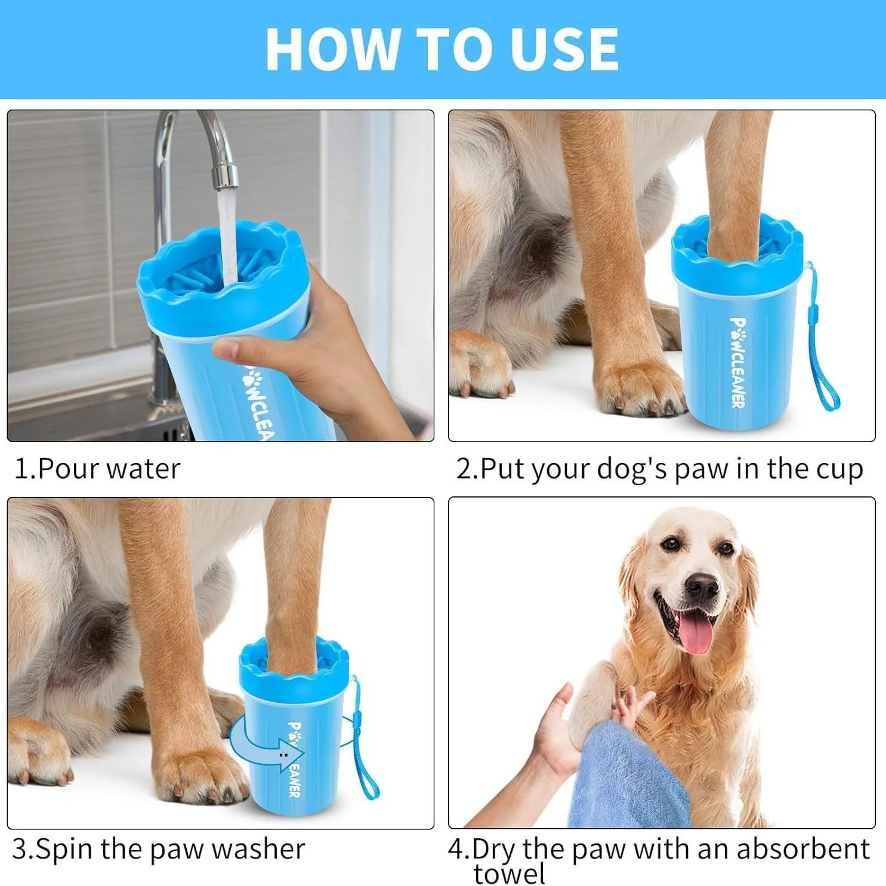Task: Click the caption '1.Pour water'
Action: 97,469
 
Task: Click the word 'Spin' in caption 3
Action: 66,848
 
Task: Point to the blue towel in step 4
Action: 626,782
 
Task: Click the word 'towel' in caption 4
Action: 509,874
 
